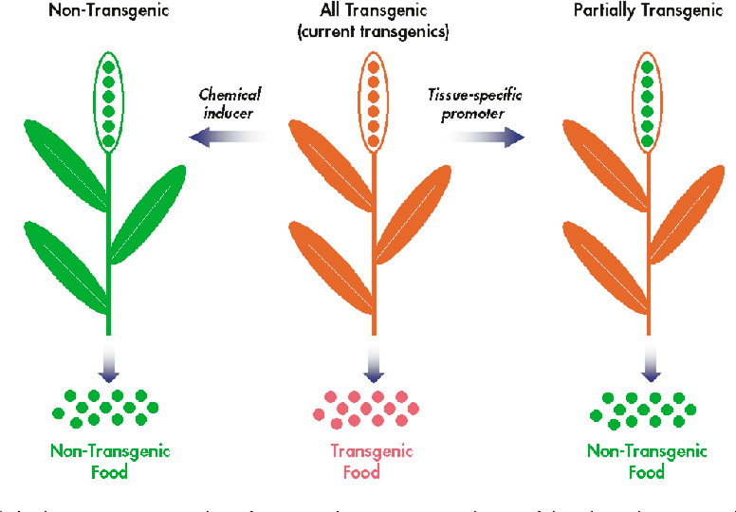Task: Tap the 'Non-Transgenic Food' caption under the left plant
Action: (109, 462)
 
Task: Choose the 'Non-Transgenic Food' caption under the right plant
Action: (647, 462)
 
